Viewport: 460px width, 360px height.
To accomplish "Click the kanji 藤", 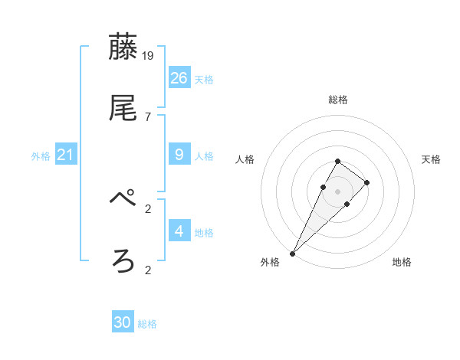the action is tap(123, 47).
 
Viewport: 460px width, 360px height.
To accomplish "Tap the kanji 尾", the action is tap(123, 109).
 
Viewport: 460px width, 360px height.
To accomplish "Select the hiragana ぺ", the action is tap(123, 201).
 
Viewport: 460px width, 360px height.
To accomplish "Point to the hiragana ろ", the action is tap(123, 262).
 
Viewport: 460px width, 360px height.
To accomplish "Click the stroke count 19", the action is tap(149, 56).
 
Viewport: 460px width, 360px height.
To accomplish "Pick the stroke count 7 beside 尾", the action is tap(148, 117).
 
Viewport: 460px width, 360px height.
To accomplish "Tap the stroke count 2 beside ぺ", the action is tap(148, 208).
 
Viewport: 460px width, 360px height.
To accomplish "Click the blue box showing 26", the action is tap(179, 77).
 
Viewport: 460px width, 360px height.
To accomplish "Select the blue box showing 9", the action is tap(179, 155).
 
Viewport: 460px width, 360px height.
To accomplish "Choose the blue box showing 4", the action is tap(179, 231).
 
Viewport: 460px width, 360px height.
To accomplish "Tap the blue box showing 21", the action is tap(66, 155).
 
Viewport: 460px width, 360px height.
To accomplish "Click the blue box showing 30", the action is tap(123, 322).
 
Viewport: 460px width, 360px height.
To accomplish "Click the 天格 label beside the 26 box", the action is tap(204, 80).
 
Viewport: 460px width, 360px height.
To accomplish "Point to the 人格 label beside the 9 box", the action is tap(204, 156).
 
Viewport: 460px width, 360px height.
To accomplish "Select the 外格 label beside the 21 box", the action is tap(41, 156).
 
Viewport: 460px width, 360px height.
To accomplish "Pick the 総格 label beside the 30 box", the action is tap(147, 324).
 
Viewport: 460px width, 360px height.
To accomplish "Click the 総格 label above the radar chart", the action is tap(338, 100).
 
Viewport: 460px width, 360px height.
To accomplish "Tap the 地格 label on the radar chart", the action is tap(402, 262).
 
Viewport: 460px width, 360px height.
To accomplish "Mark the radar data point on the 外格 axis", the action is tap(293, 253).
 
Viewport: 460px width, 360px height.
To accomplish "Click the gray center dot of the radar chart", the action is tap(338, 191).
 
